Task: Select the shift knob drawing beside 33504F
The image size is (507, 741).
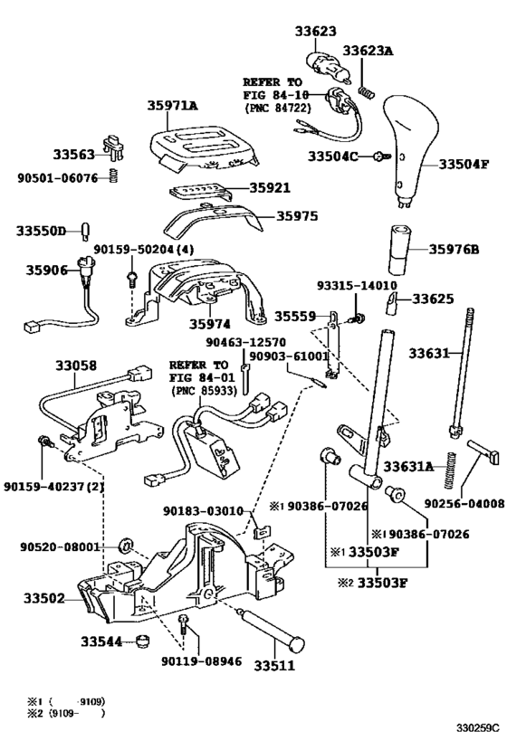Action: coord(407,149)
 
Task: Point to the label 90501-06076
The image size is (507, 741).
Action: coord(56,177)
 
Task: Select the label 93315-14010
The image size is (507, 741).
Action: coord(355,284)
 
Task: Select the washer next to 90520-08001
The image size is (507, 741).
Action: coord(127,546)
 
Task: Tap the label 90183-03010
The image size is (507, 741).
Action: coord(204,511)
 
